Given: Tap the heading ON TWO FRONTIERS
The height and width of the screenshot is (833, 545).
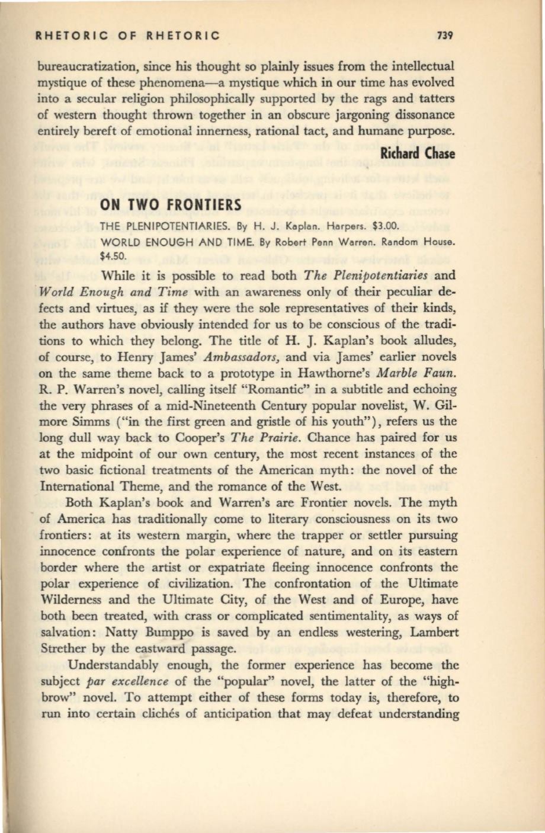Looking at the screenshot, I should tap(163, 205).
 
